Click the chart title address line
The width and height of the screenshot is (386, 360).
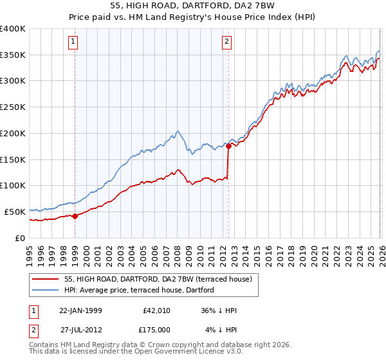pyautogui.click(x=193, y=5)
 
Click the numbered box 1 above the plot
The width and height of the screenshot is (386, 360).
pyautogui.click(x=74, y=42)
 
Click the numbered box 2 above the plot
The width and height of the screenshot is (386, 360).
pyautogui.click(x=227, y=42)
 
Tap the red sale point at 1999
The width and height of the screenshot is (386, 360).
pyautogui.click(x=75, y=216)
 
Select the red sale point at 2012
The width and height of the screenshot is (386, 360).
pyautogui.click(x=228, y=147)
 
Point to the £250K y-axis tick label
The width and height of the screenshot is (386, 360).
pyautogui.click(x=13, y=107)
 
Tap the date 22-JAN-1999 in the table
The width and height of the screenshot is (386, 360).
pyautogui.click(x=80, y=310)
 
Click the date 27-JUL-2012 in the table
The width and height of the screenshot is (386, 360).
pyautogui.click(x=80, y=329)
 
